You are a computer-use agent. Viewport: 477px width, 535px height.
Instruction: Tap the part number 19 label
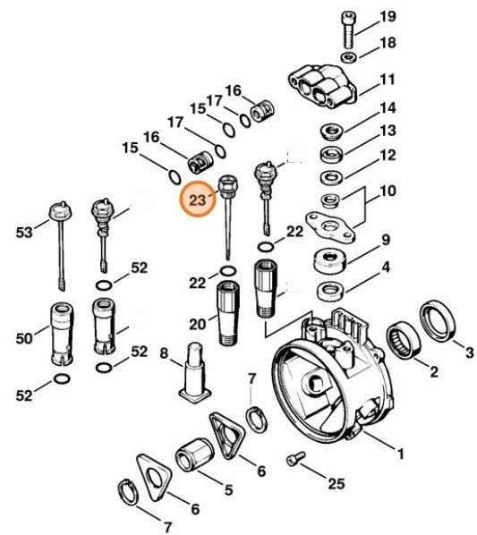[387, 17]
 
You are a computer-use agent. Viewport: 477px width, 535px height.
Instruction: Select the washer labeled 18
[350, 58]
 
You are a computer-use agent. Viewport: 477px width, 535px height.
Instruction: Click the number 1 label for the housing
[399, 454]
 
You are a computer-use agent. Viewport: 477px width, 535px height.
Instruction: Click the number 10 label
[387, 191]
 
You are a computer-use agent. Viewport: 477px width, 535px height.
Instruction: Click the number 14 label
[387, 108]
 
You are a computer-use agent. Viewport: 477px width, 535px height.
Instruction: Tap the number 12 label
[387, 156]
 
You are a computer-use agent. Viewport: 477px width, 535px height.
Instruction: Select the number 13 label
[387, 132]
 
